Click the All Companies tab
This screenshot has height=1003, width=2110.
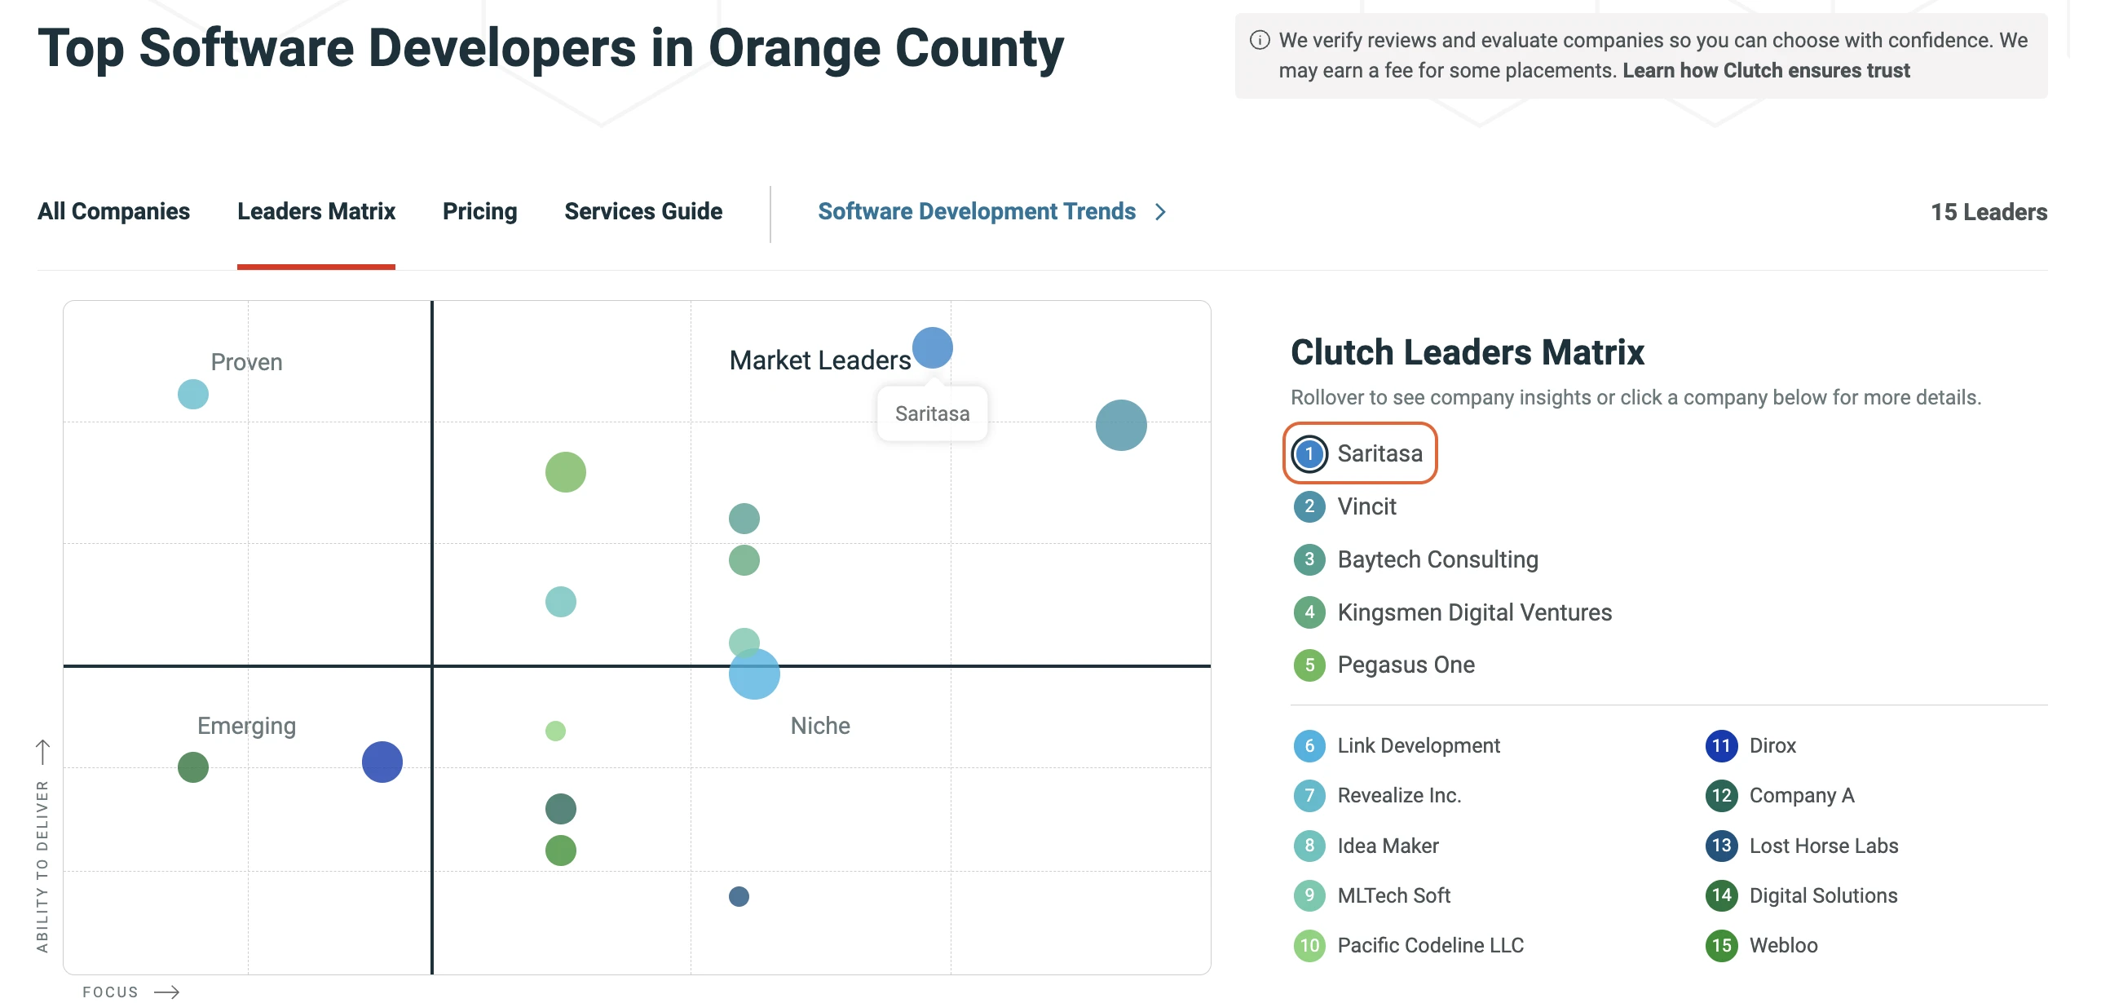[113, 211]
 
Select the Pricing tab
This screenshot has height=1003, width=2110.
[479, 211]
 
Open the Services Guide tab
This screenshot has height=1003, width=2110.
[643, 211]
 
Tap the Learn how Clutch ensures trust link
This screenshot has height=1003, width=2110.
[1765, 70]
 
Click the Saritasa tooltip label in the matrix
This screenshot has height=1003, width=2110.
[932, 413]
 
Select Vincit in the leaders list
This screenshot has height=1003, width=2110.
[1366, 506]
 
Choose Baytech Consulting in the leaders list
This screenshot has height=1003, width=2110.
[1437, 559]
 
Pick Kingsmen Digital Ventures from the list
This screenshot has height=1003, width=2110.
[1473, 612]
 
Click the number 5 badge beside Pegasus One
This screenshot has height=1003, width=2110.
[1309, 665]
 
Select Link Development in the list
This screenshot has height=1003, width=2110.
[1418, 745]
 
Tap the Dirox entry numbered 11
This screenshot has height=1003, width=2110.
[1772, 745]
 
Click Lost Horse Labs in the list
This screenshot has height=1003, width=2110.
[1822, 846]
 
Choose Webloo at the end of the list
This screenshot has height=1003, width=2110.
[1782, 946]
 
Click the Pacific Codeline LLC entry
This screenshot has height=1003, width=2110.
[1429, 946]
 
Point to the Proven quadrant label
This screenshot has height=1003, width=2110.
[246, 362]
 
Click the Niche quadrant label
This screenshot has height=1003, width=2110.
[820, 726]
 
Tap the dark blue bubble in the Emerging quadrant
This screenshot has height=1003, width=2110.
[382, 762]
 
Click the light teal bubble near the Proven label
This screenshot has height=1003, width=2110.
[193, 394]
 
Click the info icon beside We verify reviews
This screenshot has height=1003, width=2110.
[1260, 40]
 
